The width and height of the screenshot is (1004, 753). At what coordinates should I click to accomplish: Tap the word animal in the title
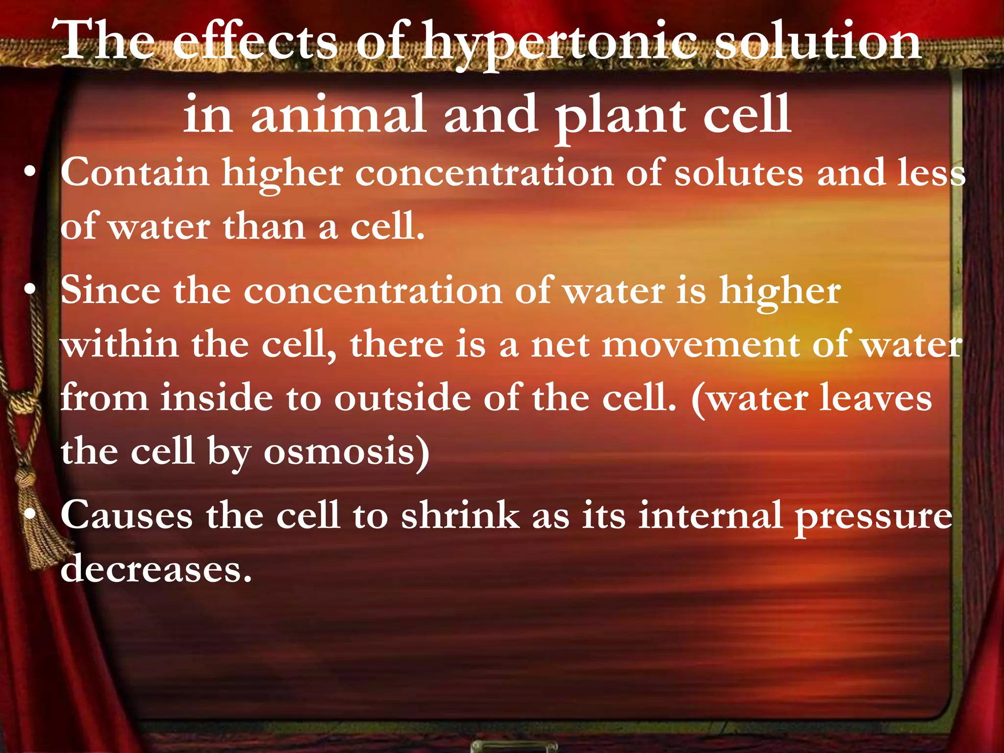pos(338,115)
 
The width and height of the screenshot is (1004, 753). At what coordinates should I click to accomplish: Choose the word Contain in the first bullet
pos(135,173)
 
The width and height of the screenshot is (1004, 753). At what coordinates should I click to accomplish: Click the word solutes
pos(739,173)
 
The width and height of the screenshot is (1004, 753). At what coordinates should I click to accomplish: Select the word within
pos(120,344)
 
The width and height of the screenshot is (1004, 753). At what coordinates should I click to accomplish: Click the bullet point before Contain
pos(30,173)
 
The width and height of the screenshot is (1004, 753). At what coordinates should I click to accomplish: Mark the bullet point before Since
pos(30,290)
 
